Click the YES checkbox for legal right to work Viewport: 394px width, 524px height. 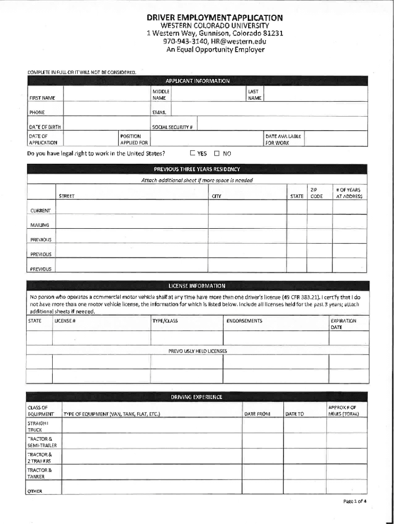pyautogui.click(x=192, y=153)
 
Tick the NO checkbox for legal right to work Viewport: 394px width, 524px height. pyautogui.click(x=216, y=153)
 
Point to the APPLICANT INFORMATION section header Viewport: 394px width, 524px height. pyautogui.click(x=197, y=81)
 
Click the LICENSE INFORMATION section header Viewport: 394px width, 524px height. pyautogui.click(x=197, y=286)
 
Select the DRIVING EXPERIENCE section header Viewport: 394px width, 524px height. pyautogui.click(x=197, y=397)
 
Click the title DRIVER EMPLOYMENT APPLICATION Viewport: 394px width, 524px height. pyautogui.click(x=214, y=17)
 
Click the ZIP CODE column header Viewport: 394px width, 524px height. pyautogui.click(x=317, y=193)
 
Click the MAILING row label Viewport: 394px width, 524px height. pyautogui.click(x=40, y=225)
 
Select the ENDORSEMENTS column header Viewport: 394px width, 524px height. pyautogui.click(x=244, y=321)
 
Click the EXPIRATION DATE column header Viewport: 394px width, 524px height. pyautogui.click(x=343, y=324)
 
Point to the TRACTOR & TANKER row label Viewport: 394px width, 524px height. pyautogui.click(x=36, y=473)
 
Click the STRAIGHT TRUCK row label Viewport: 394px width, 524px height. pyautogui.click(x=35, y=427)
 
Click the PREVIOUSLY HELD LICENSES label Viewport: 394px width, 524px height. pyautogui.click(x=198, y=351)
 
